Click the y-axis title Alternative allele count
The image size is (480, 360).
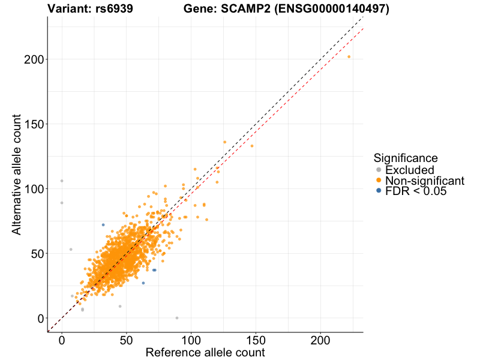tap(17, 174)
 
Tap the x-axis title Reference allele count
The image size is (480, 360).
tap(205, 352)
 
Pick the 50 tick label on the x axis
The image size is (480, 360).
tap(126, 339)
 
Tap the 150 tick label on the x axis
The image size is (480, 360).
tap(256, 339)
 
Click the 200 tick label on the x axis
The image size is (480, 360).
tap(320, 339)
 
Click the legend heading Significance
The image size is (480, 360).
tap(405, 158)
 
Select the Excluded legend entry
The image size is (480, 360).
tap(409, 170)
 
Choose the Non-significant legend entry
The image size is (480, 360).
tap(425, 181)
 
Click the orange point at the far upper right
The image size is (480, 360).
tap(349, 57)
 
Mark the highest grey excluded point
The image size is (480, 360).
tap(62, 181)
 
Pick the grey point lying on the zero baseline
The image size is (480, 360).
tap(177, 318)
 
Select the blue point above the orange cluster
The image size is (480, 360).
tap(103, 225)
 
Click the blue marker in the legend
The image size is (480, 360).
tap(378, 191)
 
